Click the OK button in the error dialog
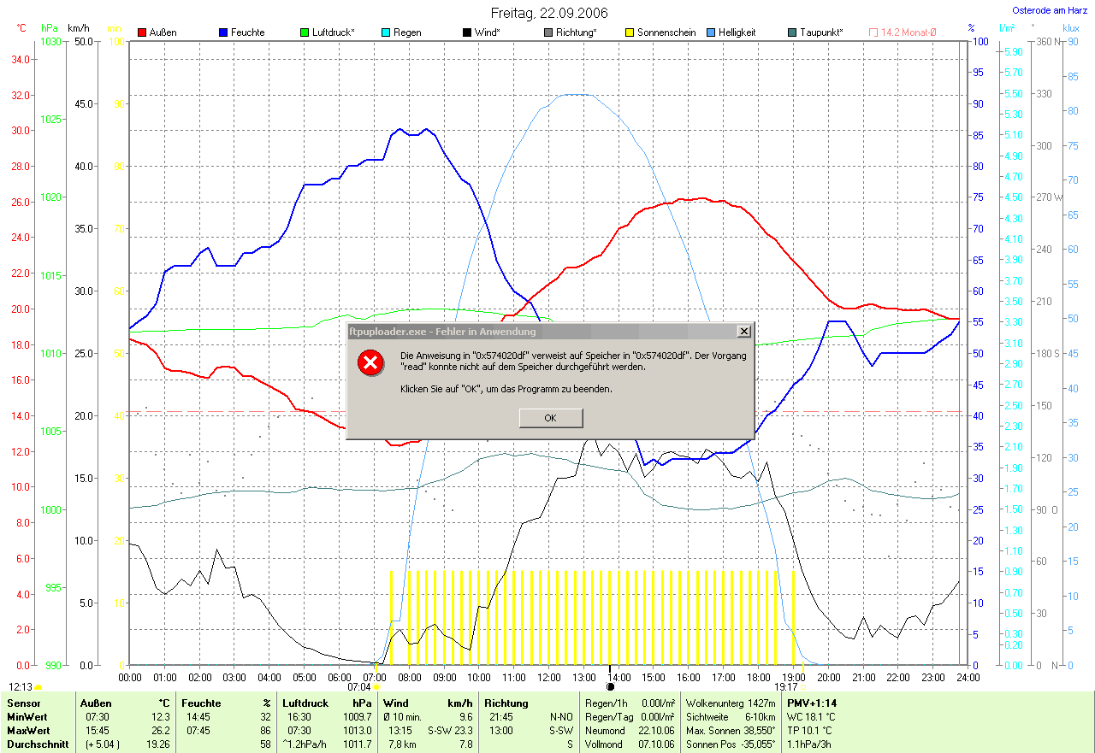(550, 418)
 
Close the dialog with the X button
(743, 331)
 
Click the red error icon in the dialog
(370, 362)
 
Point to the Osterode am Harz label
(1049, 11)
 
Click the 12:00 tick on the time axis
(548, 677)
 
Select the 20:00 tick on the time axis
(828, 677)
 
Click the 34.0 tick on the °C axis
(21, 59)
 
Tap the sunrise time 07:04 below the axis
(359, 686)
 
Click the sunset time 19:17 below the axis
(785, 686)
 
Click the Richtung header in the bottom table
(506, 703)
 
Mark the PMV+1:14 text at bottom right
(812, 703)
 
